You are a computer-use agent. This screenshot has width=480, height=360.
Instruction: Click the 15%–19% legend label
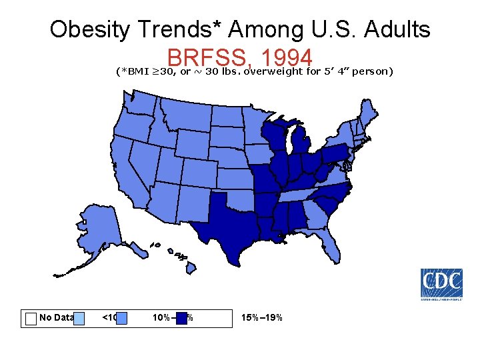click(262, 317)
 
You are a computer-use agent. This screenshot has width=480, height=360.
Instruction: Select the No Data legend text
click(55, 317)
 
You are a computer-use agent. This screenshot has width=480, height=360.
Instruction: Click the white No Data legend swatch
click(31, 318)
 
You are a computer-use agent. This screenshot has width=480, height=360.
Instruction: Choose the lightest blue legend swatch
click(79, 318)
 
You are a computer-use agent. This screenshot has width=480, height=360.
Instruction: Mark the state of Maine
click(364, 113)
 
